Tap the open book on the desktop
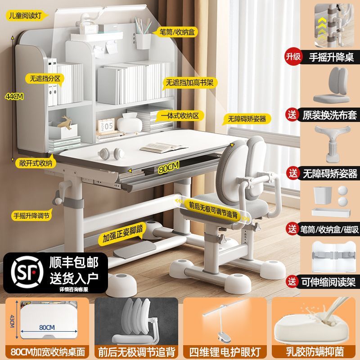(x=158, y=148)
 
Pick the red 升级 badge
(x=290, y=57)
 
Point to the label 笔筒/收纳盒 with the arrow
(x=176, y=32)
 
